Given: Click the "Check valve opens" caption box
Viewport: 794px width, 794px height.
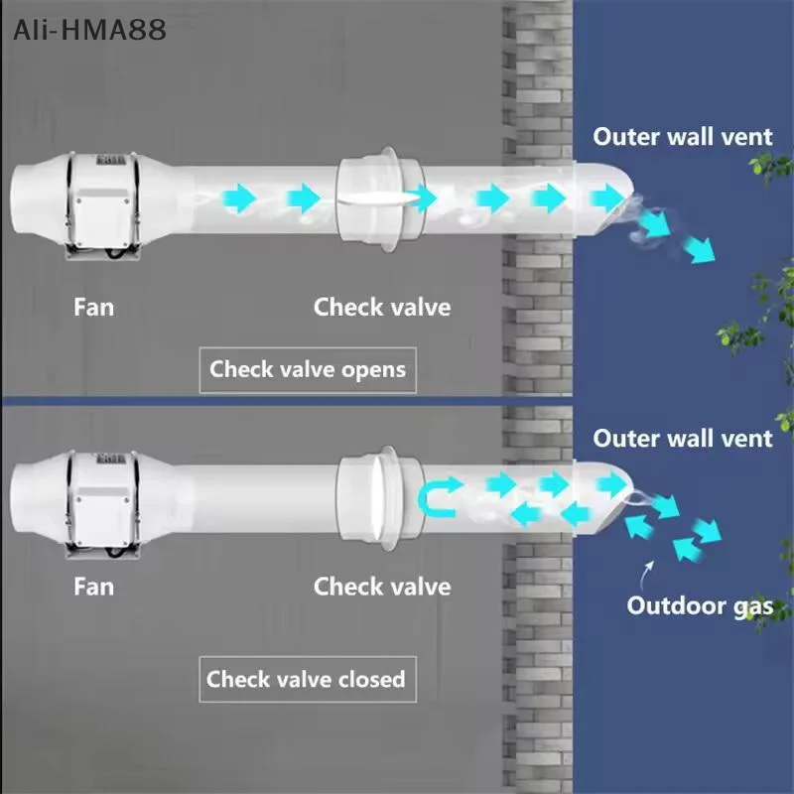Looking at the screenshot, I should (308, 370).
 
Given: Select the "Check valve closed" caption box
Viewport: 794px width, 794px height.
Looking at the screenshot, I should (306, 680).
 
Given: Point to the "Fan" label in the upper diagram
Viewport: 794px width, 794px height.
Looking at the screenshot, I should (93, 307).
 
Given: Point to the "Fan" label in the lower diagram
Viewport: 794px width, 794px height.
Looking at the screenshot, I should (93, 587).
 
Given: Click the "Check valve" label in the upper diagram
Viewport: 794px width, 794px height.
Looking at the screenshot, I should (382, 307).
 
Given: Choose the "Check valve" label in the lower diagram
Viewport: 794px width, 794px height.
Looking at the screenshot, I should (382, 587).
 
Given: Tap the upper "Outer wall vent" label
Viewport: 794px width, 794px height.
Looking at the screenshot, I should (683, 136).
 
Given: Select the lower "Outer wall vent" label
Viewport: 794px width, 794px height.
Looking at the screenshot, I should (683, 438).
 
